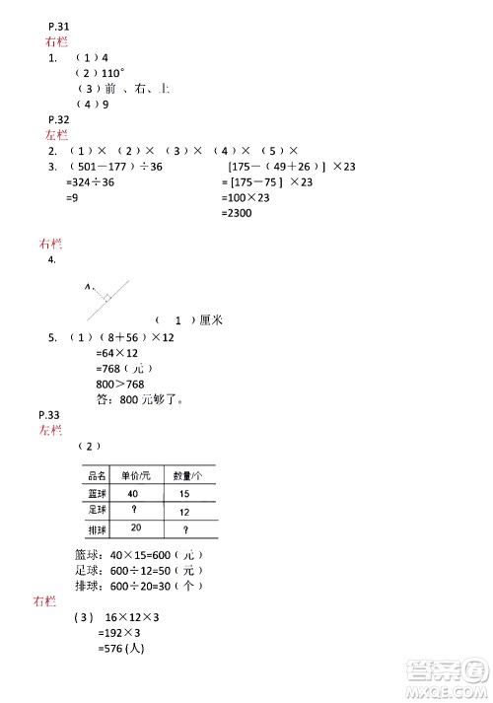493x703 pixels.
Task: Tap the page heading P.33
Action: pyautogui.click(x=48, y=415)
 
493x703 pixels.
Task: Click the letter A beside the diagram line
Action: pyautogui.click(x=87, y=288)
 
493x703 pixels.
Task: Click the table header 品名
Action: pyautogui.click(x=97, y=475)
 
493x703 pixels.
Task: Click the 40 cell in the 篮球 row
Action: pyautogui.click(x=132, y=493)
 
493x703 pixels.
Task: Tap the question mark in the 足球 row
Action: pyautogui.click(x=132, y=511)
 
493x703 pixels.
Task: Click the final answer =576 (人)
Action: pyautogui.click(x=122, y=650)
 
